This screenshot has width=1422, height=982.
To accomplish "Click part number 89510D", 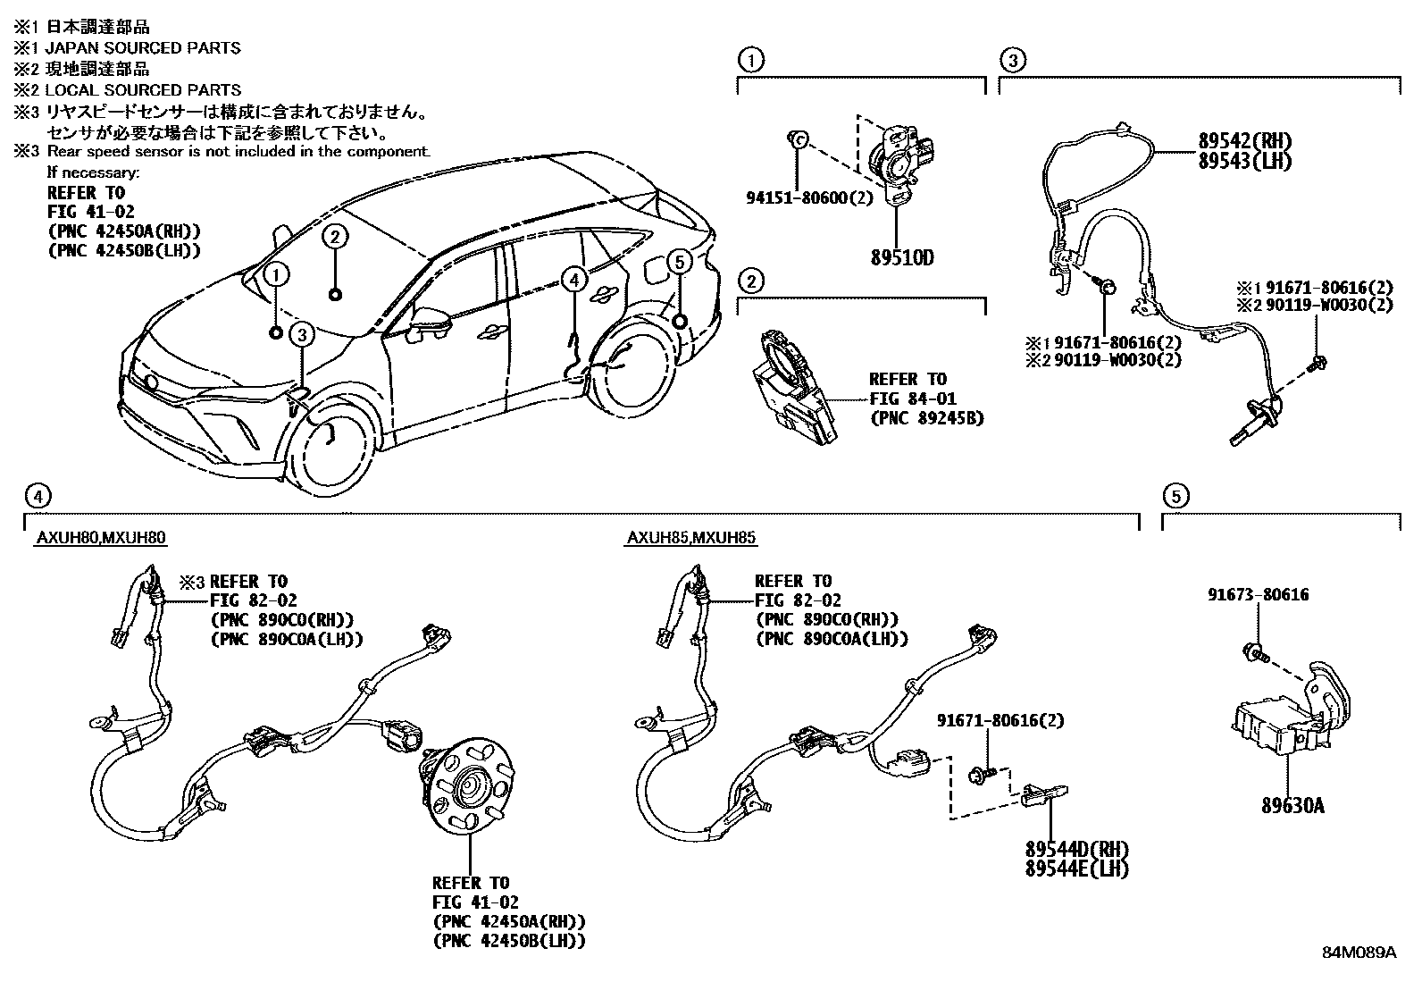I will click(x=901, y=258).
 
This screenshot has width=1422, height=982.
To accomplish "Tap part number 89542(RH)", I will click(x=1244, y=142).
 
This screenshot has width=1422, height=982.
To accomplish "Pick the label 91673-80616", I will click(x=1259, y=595).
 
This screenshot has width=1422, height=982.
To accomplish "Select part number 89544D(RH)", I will click(x=1076, y=848).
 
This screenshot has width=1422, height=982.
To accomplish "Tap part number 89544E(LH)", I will click(x=1076, y=868).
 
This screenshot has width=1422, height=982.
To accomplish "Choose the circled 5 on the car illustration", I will click(x=679, y=262).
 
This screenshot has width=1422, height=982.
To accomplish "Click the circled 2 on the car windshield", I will click(x=334, y=236).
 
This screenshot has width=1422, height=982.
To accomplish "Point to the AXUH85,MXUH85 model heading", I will click(x=691, y=538).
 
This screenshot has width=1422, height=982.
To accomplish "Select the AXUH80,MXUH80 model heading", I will click(x=101, y=538).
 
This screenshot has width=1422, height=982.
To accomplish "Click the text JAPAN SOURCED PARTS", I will click(x=143, y=47).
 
